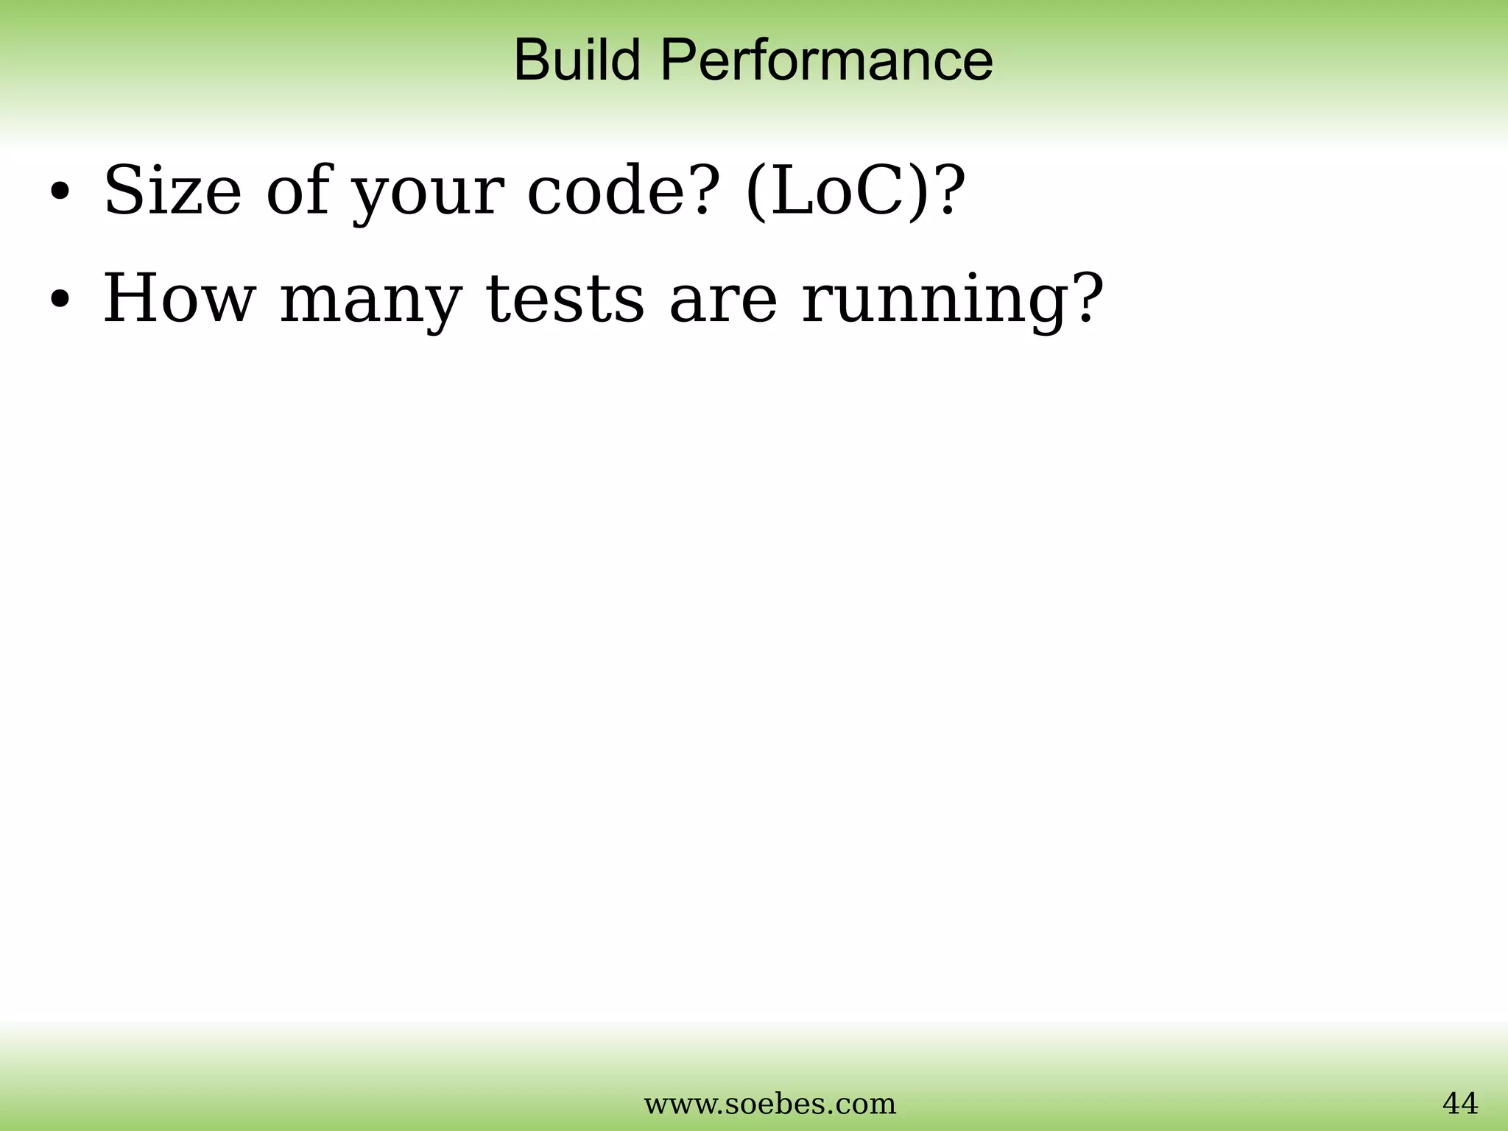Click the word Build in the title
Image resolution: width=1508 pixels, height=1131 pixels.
pyautogui.click(x=577, y=60)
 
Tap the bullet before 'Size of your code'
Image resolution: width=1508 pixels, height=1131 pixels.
pyautogui.click(x=60, y=192)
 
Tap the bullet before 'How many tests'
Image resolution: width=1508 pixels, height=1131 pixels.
pyautogui.click(x=60, y=300)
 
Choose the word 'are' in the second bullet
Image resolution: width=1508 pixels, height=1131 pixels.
pyautogui.click(x=723, y=300)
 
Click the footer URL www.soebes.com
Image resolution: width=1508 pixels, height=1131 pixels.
pyautogui.click(x=770, y=1104)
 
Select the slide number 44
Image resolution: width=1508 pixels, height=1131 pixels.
pyautogui.click(x=1459, y=1103)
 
